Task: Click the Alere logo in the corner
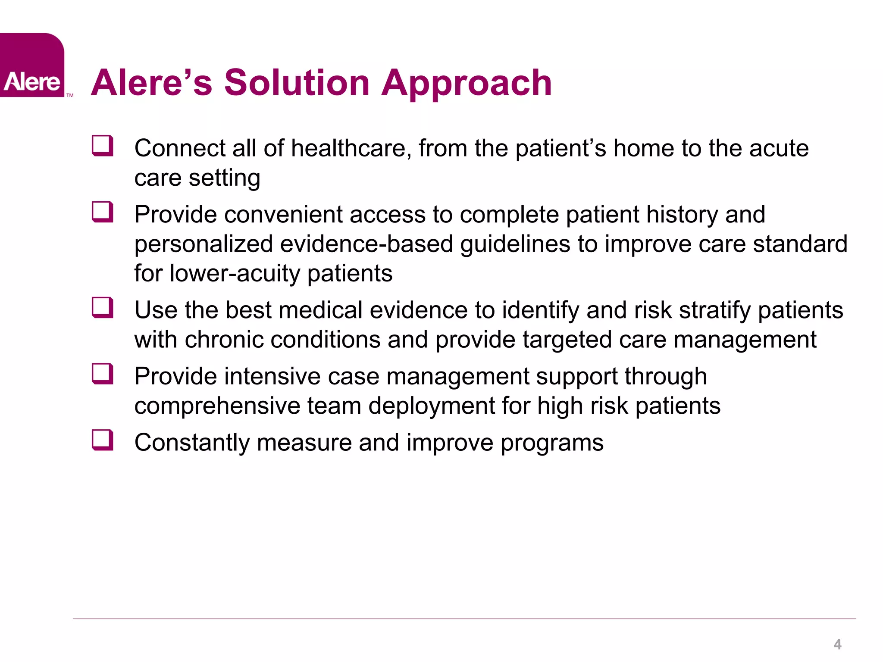click(x=32, y=66)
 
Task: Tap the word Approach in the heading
click(x=466, y=84)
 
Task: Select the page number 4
click(x=837, y=644)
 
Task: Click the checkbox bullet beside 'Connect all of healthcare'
click(x=103, y=146)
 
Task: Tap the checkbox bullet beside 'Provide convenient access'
click(x=103, y=212)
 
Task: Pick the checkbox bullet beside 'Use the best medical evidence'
click(x=103, y=308)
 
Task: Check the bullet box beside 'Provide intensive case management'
click(x=103, y=374)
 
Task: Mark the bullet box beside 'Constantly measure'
click(x=103, y=440)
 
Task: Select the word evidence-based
click(x=366, y=244)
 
